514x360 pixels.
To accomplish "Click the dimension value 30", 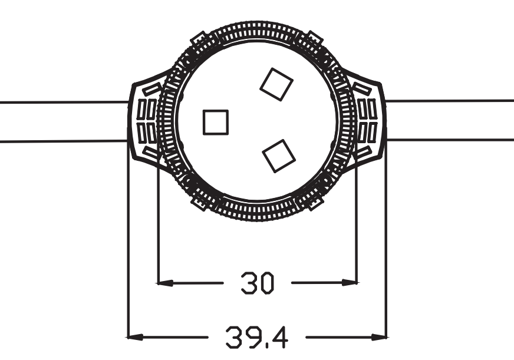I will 257,283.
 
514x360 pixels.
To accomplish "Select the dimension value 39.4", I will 256,338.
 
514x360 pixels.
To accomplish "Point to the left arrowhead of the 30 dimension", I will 165,283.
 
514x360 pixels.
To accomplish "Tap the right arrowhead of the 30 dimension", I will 350,283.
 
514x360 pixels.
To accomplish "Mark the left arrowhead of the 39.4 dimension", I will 136,338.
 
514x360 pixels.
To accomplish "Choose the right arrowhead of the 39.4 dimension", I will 379,338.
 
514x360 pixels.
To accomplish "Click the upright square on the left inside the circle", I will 215,123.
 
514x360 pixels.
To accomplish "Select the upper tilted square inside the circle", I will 276,84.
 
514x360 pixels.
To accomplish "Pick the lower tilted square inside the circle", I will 278,156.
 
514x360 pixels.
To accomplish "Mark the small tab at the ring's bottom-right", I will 315,203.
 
